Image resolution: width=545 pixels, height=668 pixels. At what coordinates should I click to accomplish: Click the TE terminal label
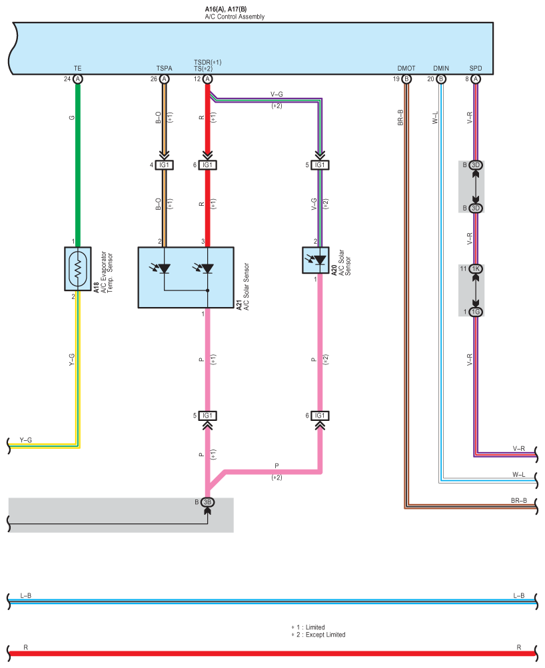coord(77,68)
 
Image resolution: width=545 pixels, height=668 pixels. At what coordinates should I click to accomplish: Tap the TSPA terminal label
coord(164,68)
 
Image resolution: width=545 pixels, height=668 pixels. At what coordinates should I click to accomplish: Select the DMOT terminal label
coord(406,68)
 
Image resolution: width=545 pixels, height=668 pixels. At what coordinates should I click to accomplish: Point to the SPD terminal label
coord(476,68)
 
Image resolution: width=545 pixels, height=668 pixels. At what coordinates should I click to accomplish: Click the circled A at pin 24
coord(77,79)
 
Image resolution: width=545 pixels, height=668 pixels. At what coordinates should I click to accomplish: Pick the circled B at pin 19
coord(406,79)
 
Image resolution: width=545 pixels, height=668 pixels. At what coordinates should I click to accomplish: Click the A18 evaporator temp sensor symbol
coord(77,269)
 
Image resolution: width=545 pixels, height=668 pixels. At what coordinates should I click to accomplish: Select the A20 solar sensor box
coord(315,260)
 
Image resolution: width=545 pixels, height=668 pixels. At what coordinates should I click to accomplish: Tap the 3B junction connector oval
coord(207,502)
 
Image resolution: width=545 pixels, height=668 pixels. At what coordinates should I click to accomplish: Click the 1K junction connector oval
coord(476,269)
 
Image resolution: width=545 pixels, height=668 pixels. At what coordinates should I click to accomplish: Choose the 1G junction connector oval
coord(476,312)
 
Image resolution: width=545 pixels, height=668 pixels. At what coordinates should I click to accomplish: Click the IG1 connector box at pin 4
coord(164,165)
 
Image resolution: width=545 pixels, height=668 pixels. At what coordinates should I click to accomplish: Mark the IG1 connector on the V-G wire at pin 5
coord(320,165)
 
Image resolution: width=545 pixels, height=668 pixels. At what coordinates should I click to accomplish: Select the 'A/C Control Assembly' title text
coord(235,17)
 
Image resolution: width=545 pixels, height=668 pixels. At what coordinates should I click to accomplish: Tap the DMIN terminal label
coord(441,68)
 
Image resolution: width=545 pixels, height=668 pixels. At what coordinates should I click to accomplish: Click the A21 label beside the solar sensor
coord(239,305)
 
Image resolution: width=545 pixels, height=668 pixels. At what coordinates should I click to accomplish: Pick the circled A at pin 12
coord(207,79)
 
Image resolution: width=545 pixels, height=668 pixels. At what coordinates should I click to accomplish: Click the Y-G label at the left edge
coord(25,440)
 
